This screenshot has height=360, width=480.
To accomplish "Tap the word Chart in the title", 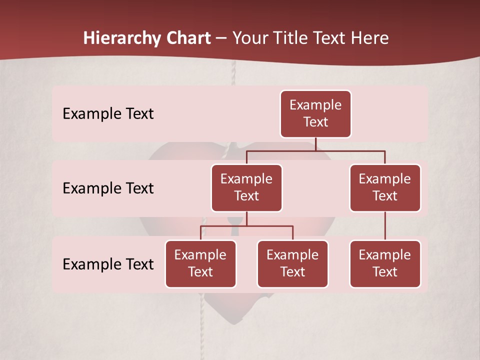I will [x=188, y=38].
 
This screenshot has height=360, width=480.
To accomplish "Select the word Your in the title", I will [x=250, y=38].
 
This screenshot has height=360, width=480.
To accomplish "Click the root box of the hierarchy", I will [x=315, y=113].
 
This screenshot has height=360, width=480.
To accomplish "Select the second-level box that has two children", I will [x=246, y=187].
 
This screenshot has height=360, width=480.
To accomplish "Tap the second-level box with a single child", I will [x=385, y=187].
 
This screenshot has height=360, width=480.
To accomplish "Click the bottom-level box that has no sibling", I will [x=385, y=263].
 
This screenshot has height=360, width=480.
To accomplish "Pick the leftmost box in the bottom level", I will [x=200, y=263].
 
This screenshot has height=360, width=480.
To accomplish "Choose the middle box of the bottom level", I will [x=292, y=263].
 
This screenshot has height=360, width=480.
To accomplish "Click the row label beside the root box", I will [x=108, y=113].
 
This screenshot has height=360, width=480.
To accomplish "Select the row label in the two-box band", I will [x=108, y=188].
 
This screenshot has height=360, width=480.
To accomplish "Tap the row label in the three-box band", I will [x=108, y=264].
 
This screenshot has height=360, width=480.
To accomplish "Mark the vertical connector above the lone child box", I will [x=385, y=226].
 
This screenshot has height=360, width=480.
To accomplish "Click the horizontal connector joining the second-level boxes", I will [x=315, y=150].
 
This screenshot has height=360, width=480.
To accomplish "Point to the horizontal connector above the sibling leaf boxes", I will [x=246, y=226].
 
